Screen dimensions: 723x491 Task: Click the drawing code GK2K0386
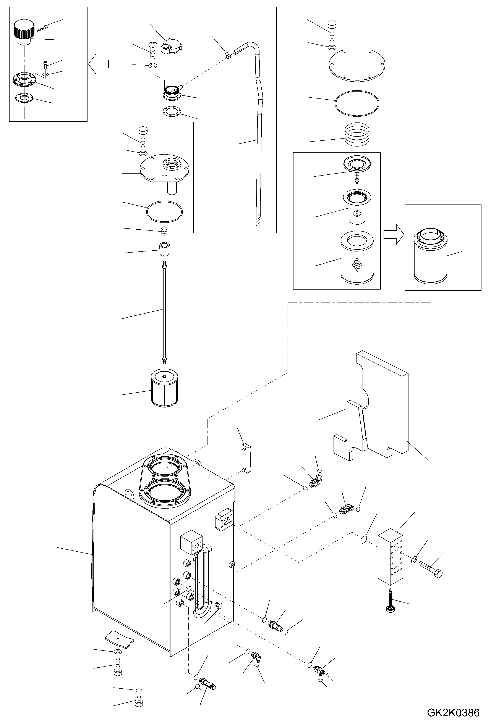coord(453,712)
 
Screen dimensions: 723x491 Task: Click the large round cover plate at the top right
coord(357,66)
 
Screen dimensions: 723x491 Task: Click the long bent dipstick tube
coord(258,140)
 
